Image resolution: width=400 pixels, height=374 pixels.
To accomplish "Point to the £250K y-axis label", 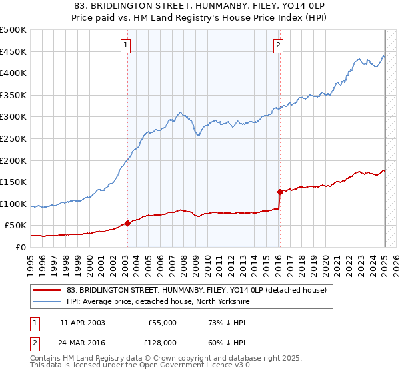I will point(13,139).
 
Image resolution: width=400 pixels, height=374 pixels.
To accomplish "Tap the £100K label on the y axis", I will point(13,204).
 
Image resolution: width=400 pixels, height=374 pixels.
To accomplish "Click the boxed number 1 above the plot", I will point(126,45).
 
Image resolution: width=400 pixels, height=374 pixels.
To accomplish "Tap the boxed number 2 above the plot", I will point(278,45).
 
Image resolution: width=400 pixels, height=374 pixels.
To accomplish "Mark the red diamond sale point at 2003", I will point(127,224).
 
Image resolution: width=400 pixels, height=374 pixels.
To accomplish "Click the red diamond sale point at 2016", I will point(279,192).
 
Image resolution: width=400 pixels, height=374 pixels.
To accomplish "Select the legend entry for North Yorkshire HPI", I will point(157,301).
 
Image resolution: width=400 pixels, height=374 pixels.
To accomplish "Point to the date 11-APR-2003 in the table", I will point(83,323).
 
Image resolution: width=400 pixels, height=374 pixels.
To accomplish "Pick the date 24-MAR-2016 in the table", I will point(83,343).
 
